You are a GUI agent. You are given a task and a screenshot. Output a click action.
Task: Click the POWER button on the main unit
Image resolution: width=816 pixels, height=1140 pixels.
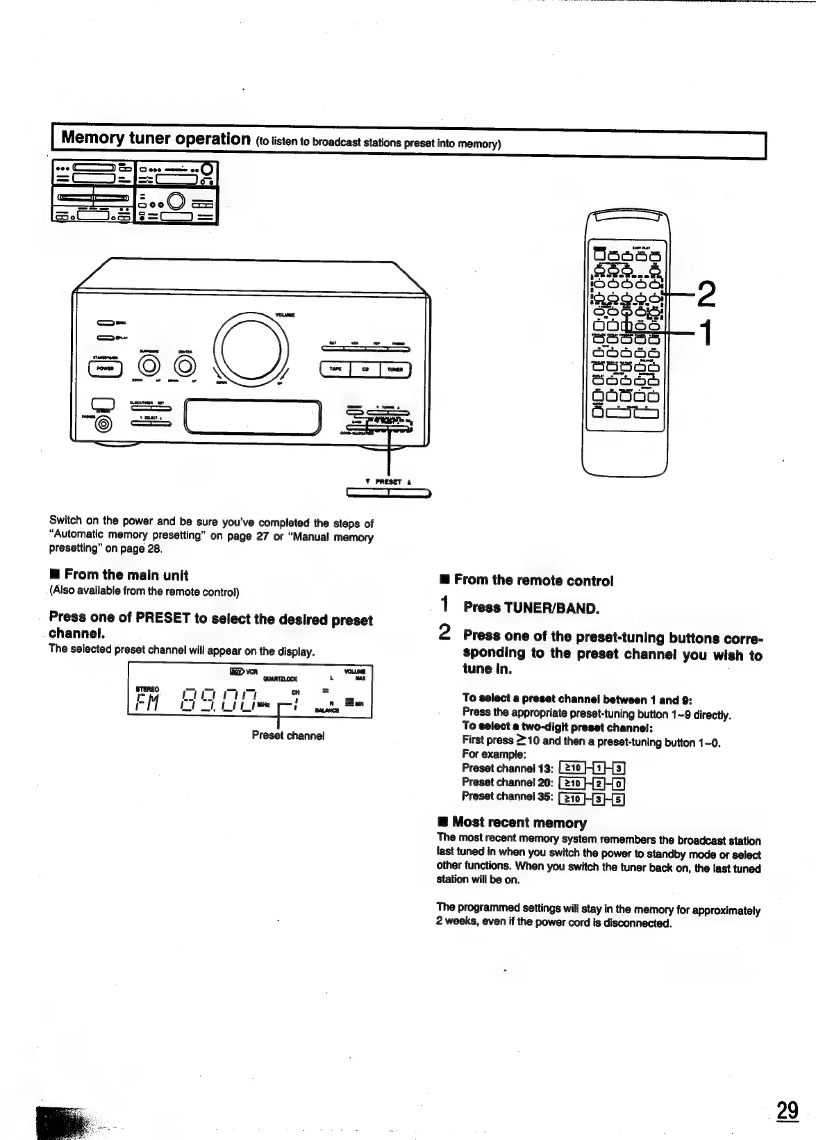coord(104,369)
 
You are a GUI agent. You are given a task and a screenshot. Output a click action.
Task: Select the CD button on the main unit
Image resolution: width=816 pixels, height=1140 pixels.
coord(365,369)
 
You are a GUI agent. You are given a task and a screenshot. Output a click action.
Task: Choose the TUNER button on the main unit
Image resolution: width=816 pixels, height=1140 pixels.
coord(396,369)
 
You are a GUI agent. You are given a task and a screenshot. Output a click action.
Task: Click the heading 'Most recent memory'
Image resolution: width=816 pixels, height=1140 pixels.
coord(519,823)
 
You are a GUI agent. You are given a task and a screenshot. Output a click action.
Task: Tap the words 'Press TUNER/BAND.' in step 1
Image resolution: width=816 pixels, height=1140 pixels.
coord(531,608)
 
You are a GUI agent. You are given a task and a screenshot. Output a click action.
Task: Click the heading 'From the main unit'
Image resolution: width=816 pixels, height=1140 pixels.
coord(126,575)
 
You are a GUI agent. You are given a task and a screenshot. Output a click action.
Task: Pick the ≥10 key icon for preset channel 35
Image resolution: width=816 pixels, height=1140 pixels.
coord(572,798)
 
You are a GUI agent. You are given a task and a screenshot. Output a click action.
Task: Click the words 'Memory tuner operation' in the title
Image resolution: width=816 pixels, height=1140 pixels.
coord(156,137)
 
